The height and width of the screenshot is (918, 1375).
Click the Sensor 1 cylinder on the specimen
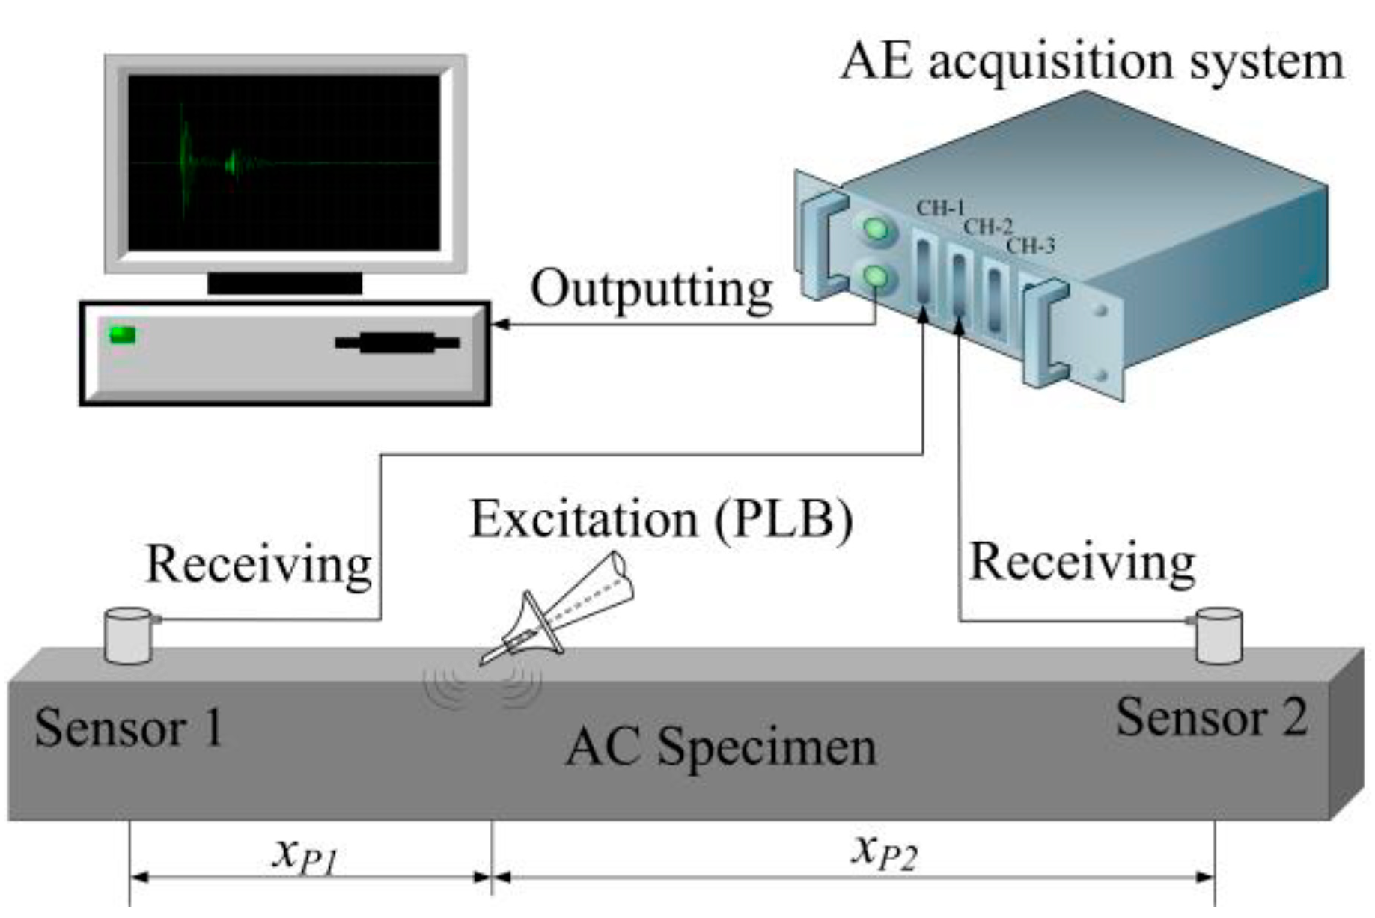[128, 636]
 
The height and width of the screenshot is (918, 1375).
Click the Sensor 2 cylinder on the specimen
[1218, 636]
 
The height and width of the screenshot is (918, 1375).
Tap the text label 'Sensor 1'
[129, 727]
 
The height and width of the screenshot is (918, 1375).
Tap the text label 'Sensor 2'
[1211, 717]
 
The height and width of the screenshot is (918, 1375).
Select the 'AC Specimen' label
[720, 746]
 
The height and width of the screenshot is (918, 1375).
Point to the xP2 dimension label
[883, 851]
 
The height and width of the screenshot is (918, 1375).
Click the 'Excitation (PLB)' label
[660, 519]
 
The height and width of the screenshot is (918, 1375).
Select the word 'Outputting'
[651, 290]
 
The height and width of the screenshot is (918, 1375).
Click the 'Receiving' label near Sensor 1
[258, 564]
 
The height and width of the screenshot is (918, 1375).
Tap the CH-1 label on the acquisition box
[939, 207]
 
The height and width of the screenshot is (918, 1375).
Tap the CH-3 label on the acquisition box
[1031, 245]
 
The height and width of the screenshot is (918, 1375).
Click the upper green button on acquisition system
[876, 230]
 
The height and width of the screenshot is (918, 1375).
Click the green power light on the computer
[123, 334]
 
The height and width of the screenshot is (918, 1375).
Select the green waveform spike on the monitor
[184, 161]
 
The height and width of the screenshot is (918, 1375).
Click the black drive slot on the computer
[397, 343]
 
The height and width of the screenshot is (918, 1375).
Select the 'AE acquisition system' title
[1091, 61]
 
